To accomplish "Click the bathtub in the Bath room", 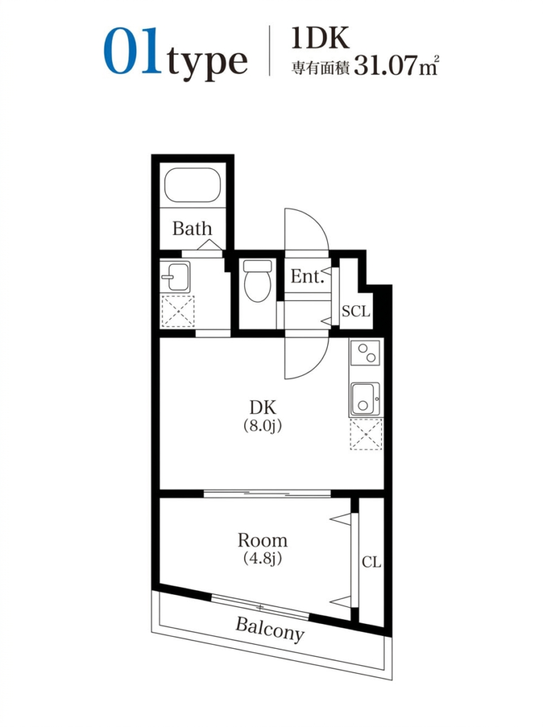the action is [192, 185].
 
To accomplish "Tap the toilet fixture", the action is [258, 280].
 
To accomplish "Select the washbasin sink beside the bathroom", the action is [175, 277].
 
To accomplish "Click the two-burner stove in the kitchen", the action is [366, 353].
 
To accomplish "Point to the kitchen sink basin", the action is [365, 399].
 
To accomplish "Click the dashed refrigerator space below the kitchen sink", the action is [366, 434].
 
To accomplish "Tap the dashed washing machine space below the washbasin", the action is [177, 311].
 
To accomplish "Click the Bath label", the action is [192, 229].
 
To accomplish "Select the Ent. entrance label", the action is [307, 277].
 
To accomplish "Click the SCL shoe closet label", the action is [356, 311].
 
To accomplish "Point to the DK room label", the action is [263, 408].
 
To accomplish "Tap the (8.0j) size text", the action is [263, 426].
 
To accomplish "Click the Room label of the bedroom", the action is [263, 540].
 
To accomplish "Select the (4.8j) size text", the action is [263, 558].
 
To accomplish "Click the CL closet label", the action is [371, 562].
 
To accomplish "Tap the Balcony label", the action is [270, 629].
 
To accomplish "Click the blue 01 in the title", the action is [132, 51].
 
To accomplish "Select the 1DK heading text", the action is [320, 38].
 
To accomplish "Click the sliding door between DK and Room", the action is [267, 493].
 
